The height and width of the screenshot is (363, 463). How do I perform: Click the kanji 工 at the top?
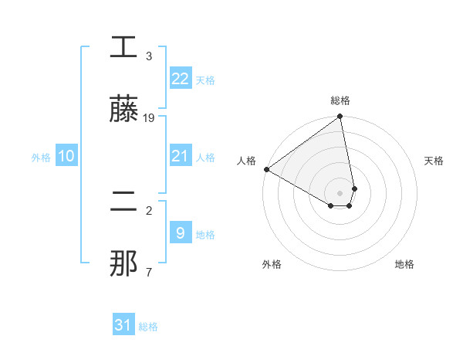(123, 48)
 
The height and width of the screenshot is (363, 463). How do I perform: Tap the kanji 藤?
(123, 110)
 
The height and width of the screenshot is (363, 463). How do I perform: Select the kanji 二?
(123, 202)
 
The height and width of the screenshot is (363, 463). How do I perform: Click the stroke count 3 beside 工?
(149, 56)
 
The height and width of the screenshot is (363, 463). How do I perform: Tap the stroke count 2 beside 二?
(149, 210)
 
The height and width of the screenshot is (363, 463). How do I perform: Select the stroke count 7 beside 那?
(149, 272)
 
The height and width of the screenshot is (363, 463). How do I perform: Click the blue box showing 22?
(180, 79)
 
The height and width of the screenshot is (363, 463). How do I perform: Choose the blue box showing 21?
(180, 156)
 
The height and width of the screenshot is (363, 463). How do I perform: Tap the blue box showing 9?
(180, 233)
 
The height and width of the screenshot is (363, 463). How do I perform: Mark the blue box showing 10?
(66, 156)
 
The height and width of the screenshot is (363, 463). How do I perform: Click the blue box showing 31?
(123, 325)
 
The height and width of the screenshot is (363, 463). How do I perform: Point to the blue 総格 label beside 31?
(148, 327)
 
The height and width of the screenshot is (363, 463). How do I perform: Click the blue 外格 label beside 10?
(41, 157)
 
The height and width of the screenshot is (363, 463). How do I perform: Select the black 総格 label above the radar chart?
(340, 100)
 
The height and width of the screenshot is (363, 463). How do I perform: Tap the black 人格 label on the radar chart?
(246, 161)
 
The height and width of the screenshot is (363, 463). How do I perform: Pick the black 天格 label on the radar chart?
(434, 161)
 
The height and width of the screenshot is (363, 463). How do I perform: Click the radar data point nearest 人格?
(265, 169)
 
